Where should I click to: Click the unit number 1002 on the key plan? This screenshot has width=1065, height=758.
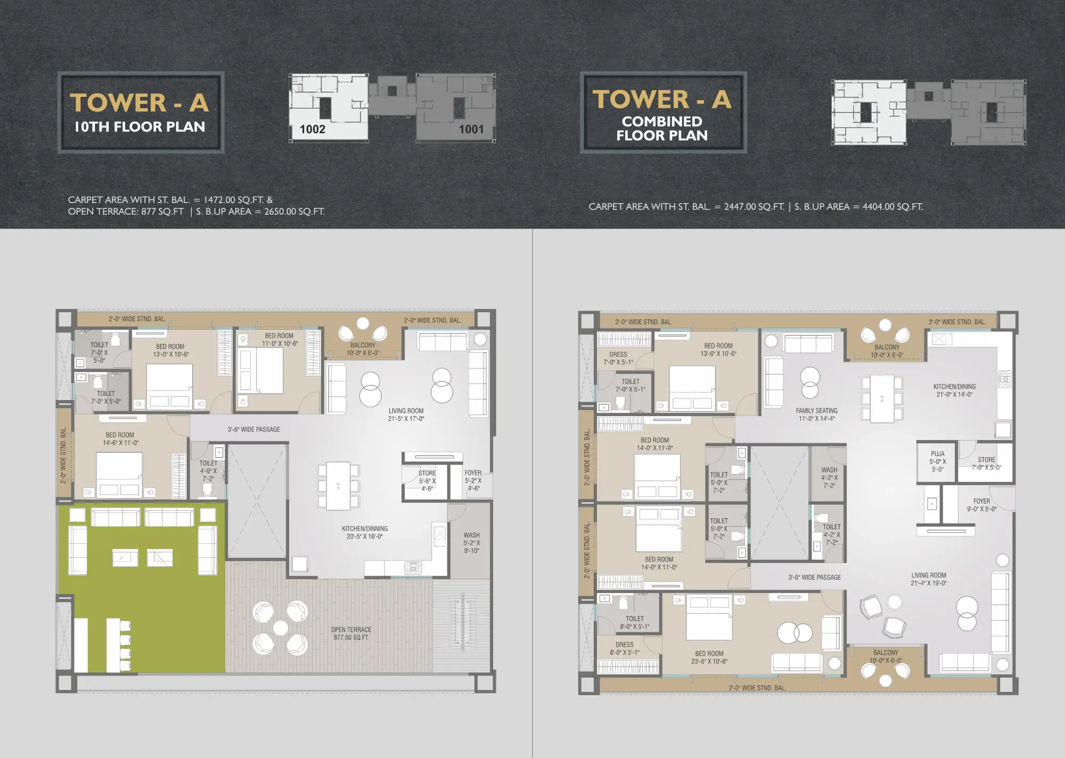click(x=312, y=129)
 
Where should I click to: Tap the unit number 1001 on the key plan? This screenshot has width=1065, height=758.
click(x=471, y=129)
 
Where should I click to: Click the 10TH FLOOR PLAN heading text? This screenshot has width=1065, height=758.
click(x=140, y=127)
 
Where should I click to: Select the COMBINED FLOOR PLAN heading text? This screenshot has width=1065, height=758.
click(x=662, y=128)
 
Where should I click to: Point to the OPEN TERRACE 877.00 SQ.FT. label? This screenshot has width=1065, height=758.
click(x=351, y=633)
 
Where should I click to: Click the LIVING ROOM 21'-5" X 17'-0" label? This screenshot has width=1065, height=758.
click(x=406, y=414)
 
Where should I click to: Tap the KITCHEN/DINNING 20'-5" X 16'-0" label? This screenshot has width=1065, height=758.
click(x=365, y=533)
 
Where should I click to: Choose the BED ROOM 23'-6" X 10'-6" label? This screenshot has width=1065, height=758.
click(x=709, y=657)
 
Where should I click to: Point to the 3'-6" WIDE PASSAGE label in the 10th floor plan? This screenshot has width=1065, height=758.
click(x=253, y=429)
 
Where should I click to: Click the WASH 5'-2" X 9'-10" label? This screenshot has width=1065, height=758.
click(x=471, y=543)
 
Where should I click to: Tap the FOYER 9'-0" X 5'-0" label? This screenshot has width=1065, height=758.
click(x=981, y=505)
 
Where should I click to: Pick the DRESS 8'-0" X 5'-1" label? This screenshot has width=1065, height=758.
click(x=625, y=648)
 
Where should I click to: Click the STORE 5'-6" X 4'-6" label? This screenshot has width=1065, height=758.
click(x=427, y=480)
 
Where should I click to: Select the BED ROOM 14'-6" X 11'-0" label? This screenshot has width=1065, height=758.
click(x=120, y=439)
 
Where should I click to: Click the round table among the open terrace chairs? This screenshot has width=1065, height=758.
click(x=281, y=628)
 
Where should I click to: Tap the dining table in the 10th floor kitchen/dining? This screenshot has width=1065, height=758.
click(x=338, y=486)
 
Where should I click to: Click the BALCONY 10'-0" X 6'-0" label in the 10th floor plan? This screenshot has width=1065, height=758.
click(x=363, y=349)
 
